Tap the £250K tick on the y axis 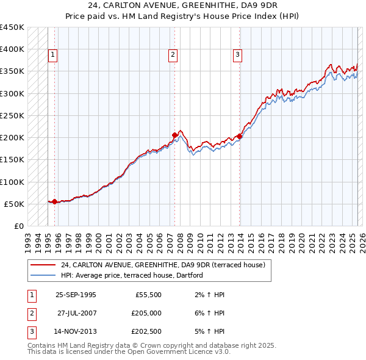pyautogui.click(x=12, y=115)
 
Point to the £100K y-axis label pyautogui.click(x=12, y=182)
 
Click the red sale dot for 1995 pyautogui.click(x=55, y=201)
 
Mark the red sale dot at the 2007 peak pyautogui.click(x=174, y=135)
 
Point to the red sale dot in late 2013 pyautogui.click(x=239, y=136)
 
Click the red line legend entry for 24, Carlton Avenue pyautogui.click(x=162, y=265)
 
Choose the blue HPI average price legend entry pyautogui.click(x=131, y=276)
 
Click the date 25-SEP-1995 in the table pyautogui.click(x=75, y=294)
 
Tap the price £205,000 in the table pyautogui.click(x=146, y=314)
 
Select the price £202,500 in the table pyautogui.click(x=146, y=333)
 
